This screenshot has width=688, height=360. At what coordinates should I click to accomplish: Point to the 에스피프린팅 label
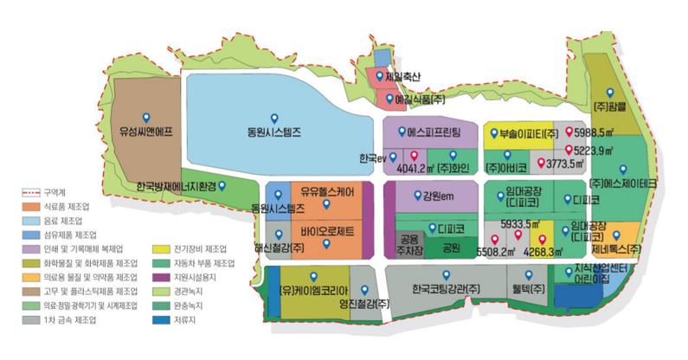pyautogui.click(x=432, y=133)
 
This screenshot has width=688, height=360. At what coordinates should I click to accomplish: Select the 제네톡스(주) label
pyautogui.click(x=615, y=249)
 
